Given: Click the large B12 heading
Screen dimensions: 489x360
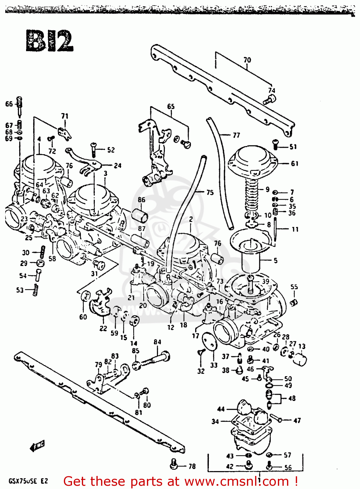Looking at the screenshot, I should click(x=50, y=41).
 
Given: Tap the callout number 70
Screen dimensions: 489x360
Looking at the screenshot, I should click(x=247, y=60).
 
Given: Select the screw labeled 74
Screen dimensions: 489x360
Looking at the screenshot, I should click(x=269, y=100).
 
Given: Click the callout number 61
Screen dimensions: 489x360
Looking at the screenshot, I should click(x=295, y=163).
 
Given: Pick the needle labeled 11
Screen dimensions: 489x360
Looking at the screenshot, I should click(x=275, y=230).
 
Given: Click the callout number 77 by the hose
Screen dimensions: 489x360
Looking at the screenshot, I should click(x=236, y=135).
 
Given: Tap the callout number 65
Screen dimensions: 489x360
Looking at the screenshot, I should click(x=171, y=107).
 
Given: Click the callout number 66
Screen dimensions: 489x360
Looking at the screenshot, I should click(x=9, y=104).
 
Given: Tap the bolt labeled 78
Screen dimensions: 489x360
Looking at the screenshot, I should click(x=174, y=464).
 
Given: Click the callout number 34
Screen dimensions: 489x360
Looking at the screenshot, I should click(x=215, y=422).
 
